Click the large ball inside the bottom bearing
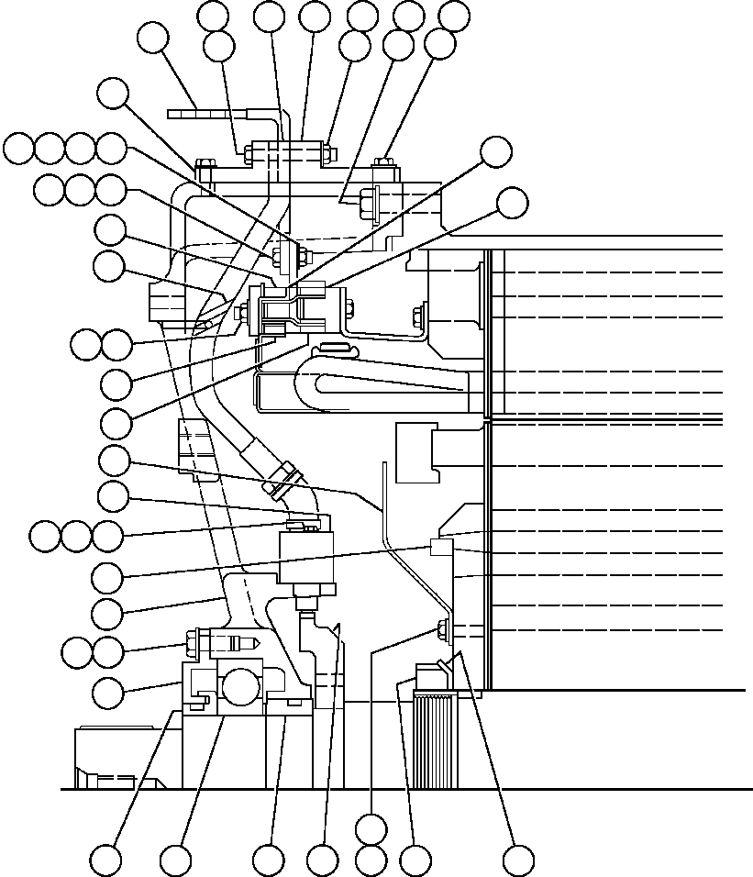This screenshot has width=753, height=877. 241,686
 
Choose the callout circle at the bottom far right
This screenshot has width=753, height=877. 518,860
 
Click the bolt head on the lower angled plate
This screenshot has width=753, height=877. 443,629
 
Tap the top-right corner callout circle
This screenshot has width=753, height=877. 454,16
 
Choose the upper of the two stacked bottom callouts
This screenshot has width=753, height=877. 371,828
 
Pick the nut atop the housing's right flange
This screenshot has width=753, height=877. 386,166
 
